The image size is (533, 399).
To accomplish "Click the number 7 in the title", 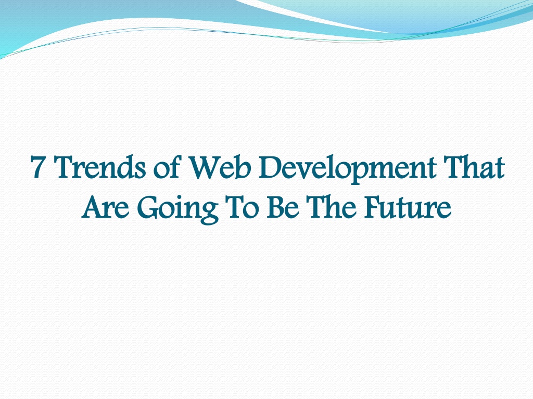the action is click(x=37, y=167).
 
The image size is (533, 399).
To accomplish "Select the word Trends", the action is click(x=99, y=167).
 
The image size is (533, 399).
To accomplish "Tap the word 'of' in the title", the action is click(x=167, y=167).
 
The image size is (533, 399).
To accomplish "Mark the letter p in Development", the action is click(x=350, y=173).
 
